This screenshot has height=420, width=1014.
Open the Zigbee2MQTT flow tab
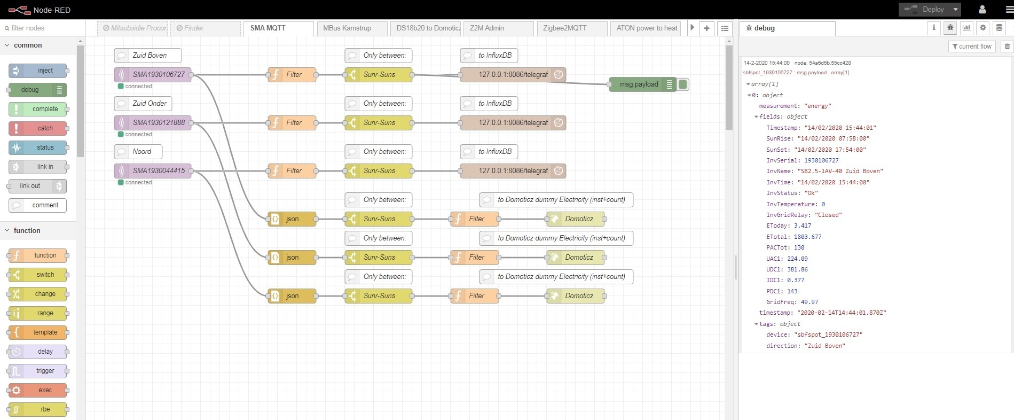(564, 28)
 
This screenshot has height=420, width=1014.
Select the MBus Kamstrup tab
(347, 28)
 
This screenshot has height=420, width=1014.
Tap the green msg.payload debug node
(639, 84)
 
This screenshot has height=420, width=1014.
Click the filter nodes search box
(43, 28)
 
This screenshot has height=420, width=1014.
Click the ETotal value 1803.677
(807, 237)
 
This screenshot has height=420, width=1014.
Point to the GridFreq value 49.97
(809, 302)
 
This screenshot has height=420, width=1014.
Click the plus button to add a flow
(706, 28)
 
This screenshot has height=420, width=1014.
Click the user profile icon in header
(982, 10)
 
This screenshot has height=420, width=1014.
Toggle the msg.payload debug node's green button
(683, 84)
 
